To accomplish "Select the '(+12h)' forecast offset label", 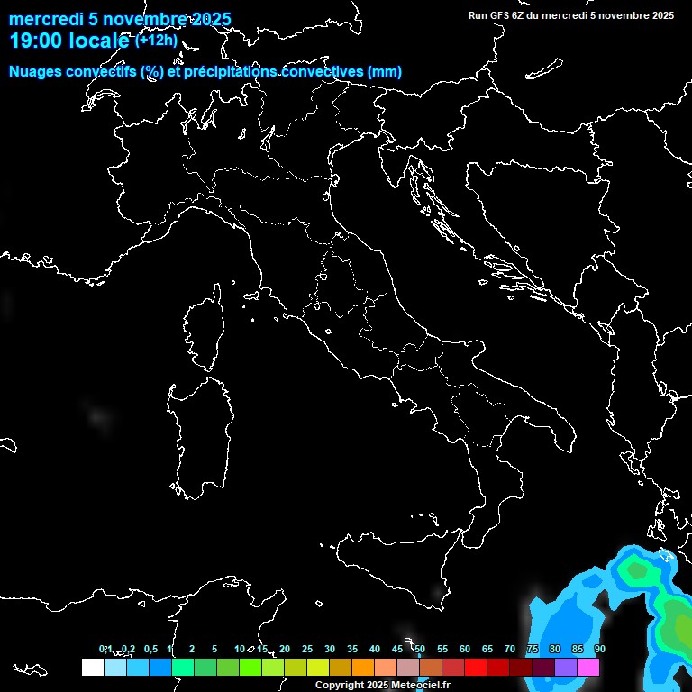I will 156,40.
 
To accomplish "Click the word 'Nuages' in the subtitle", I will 35,72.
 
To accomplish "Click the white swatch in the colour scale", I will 92,667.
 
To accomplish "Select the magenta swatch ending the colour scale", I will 588,667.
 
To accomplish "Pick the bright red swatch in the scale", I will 475,667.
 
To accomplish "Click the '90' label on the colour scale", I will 600,649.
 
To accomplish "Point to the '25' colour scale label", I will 307,649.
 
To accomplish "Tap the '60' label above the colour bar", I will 465,649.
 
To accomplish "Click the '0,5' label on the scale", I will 150,649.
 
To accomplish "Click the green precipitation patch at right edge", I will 676,622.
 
